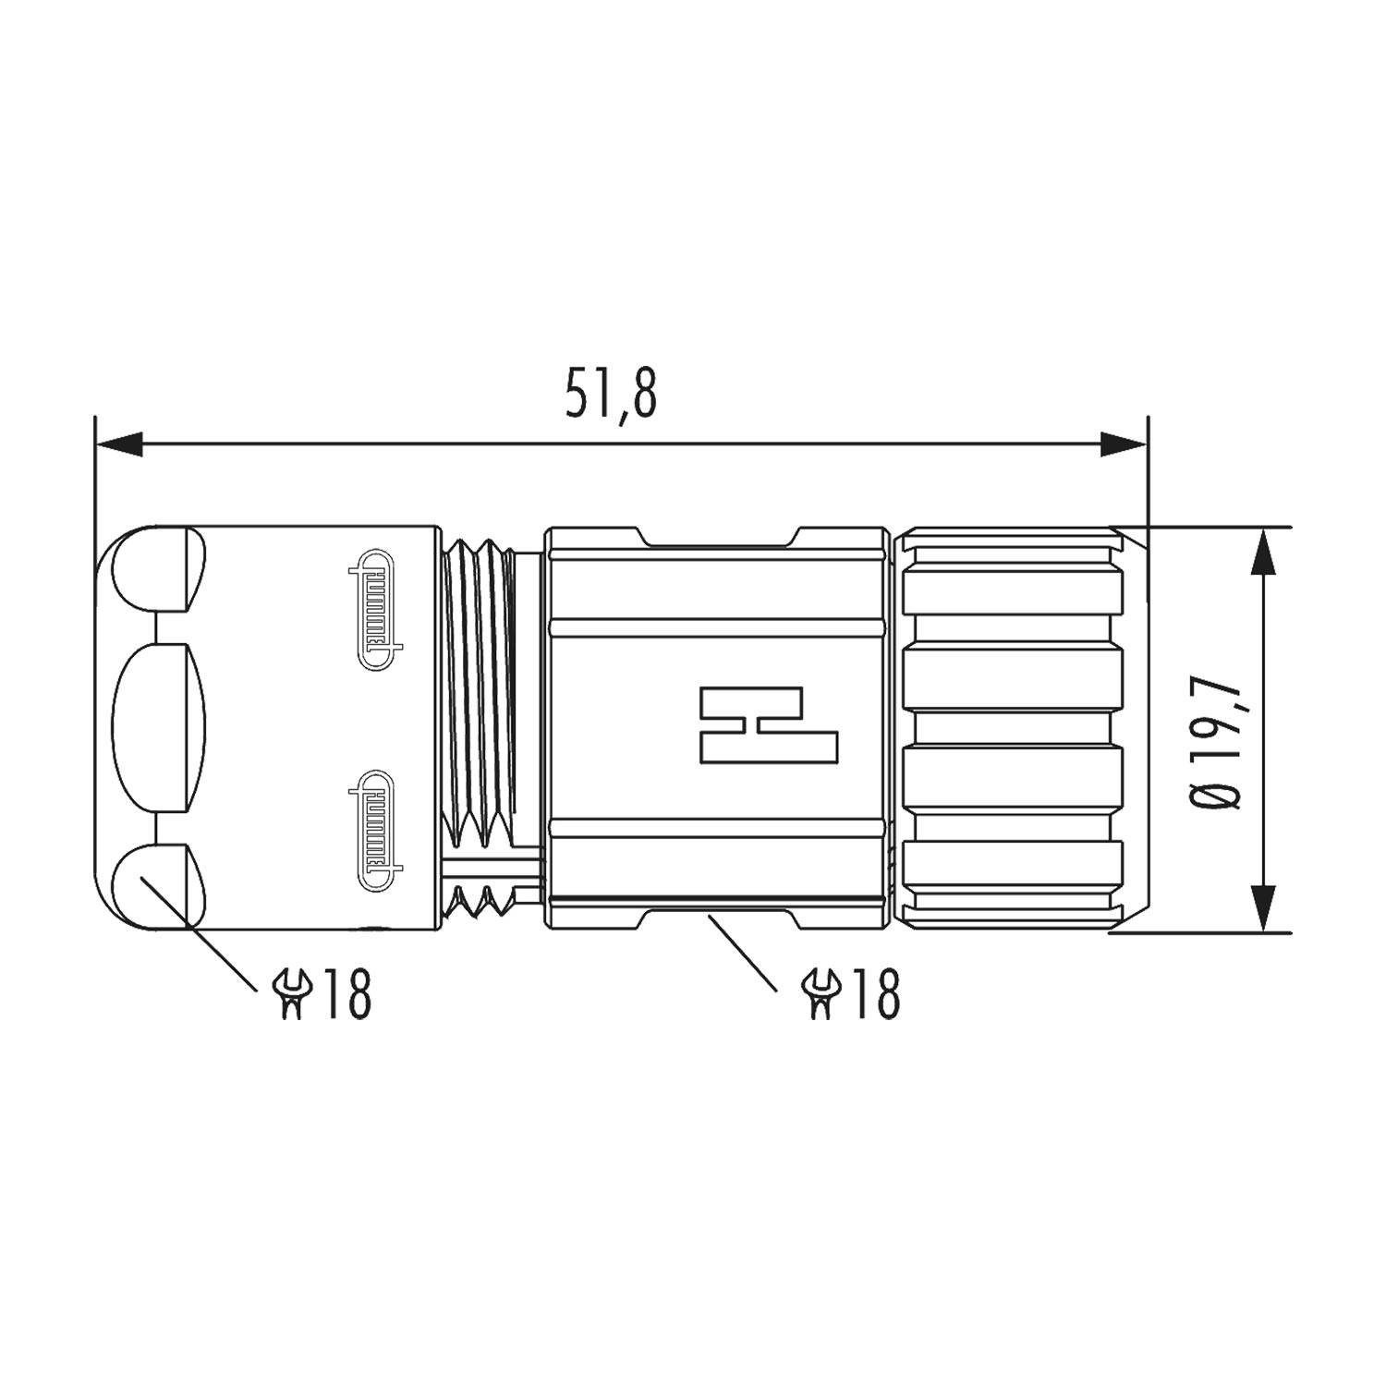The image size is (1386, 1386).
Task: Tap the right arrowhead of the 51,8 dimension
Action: [x=1124, y=444]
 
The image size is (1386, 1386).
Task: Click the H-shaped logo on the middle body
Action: [x=769, y=725]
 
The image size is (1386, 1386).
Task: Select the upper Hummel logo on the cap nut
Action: [x=375, y=610]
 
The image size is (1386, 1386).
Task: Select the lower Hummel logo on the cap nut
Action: [x=375, y=831]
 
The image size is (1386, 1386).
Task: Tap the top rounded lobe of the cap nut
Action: [x=157, y=569]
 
